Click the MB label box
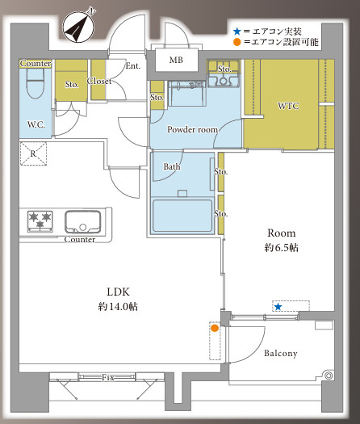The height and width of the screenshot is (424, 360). click(x=175, y=61)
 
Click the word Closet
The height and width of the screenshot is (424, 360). click(x=99, y=82)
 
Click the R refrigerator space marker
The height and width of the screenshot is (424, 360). click(x=33, y=153)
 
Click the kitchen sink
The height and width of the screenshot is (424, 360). click(x=82, y=220)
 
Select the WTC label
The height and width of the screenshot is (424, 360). click(x=288, y=106)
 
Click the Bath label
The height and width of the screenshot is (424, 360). click(x=172, y=167)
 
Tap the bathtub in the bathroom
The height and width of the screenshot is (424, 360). click(x=182, y=215)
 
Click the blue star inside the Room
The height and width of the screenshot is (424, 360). click(x=278, y=307)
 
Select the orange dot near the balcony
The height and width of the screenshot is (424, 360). click(x=215, y=328)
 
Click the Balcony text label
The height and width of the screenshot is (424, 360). click(x=280, y=353)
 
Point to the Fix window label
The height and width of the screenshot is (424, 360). click(x=107, y=377)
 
